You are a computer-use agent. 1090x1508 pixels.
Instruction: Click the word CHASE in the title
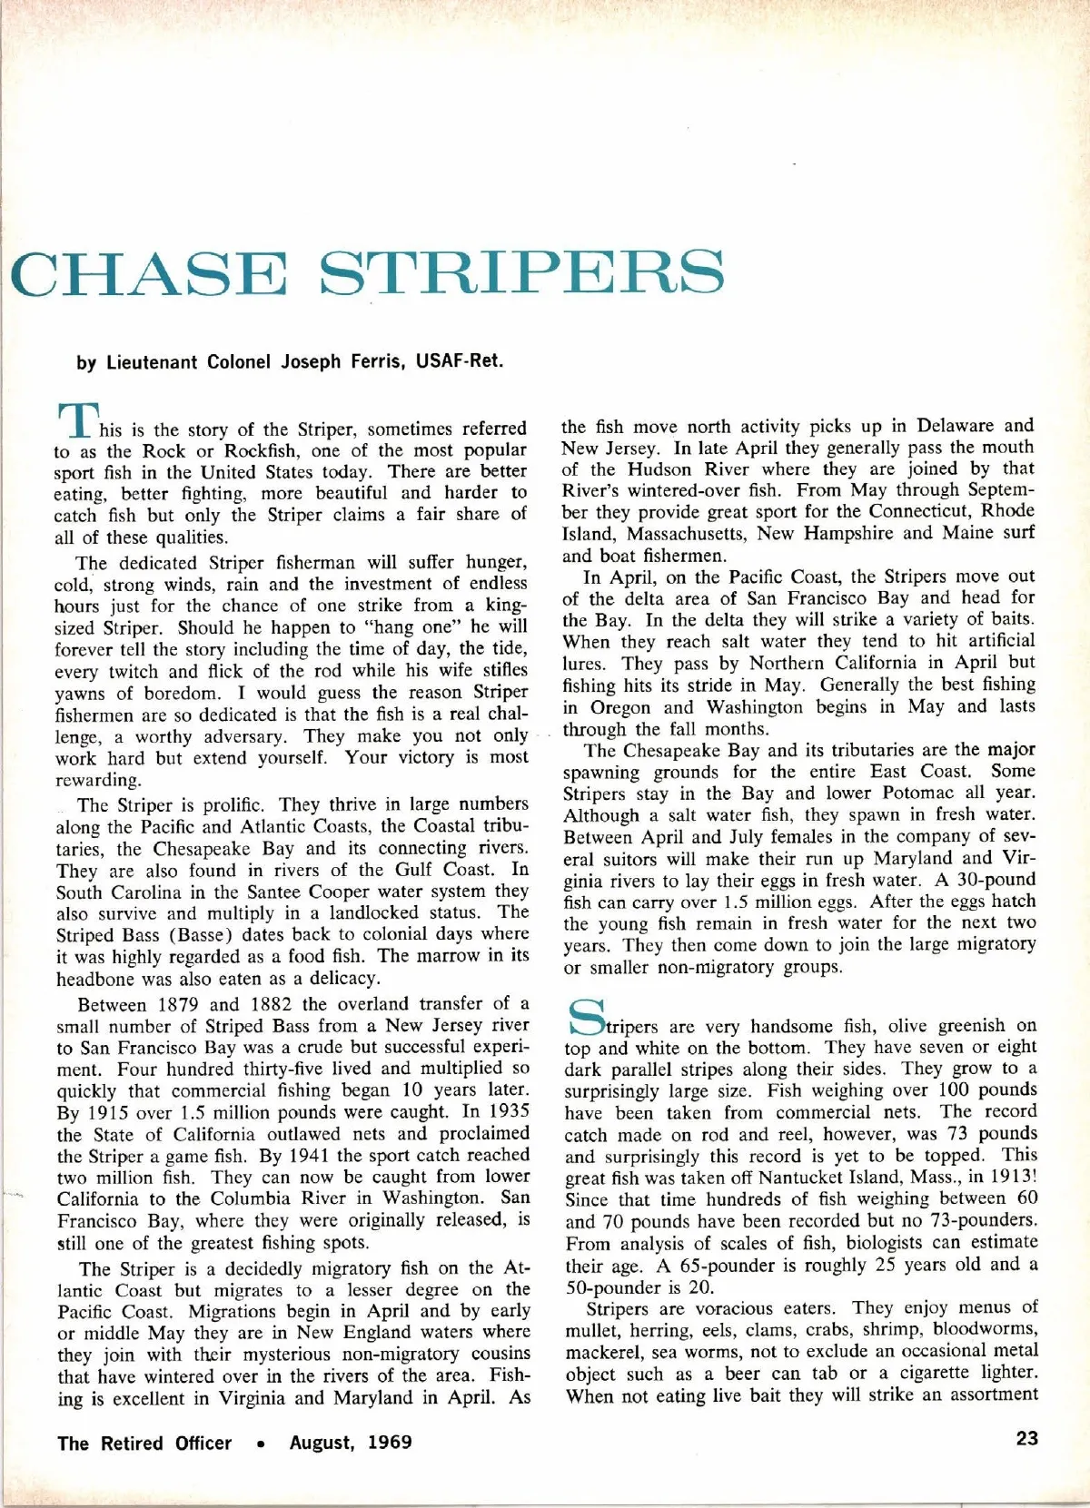pos(150,272)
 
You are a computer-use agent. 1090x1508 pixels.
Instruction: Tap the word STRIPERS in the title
pos(524,272)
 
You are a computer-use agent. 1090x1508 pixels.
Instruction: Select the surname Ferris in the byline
pos(372,361)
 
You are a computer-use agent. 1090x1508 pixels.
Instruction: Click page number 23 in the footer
pos(1026,1439)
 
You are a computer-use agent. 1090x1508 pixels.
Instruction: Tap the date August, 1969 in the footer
pos(351,1443)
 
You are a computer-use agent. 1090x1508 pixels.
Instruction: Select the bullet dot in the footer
pos(261,1444)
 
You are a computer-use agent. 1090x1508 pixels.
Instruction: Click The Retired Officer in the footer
pos(144,1443)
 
